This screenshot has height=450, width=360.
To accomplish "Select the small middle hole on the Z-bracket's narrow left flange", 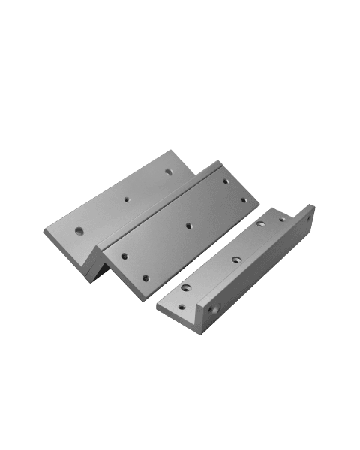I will (x=126, y=199).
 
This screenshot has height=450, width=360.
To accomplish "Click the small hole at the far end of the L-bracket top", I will (x=282, y=219).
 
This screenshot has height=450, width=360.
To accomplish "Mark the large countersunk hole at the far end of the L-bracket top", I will (x=261, y=223).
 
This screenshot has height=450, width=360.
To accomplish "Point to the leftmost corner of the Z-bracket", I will (x=46, y=235).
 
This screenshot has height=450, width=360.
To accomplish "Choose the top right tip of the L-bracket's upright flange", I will (x=314, y=207).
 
